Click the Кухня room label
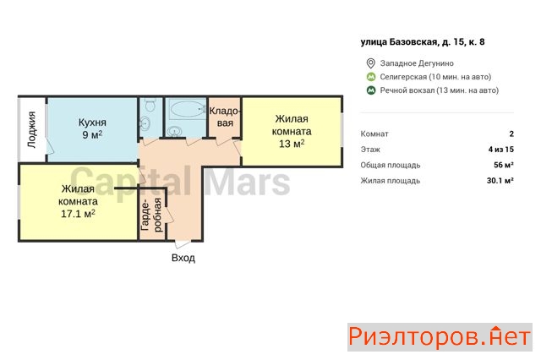point(92,123)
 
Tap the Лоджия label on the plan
point(32,129)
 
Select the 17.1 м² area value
point(78,214)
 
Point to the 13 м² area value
point(292,144)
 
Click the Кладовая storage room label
point(225,117)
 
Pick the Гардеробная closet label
point(151,215)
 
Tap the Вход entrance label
point(183,258)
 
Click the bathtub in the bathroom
point(186,110)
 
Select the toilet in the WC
point(150,104)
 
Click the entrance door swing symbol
point(181,243)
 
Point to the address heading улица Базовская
point(423,42)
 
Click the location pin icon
point(370,63)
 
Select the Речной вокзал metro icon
point(371,90)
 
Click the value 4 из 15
point(501,150)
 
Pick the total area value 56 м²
point(504,165)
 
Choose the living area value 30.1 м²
point(500,180)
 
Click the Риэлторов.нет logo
point(440,337)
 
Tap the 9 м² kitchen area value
point(92,134)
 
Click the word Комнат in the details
point(374,134)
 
